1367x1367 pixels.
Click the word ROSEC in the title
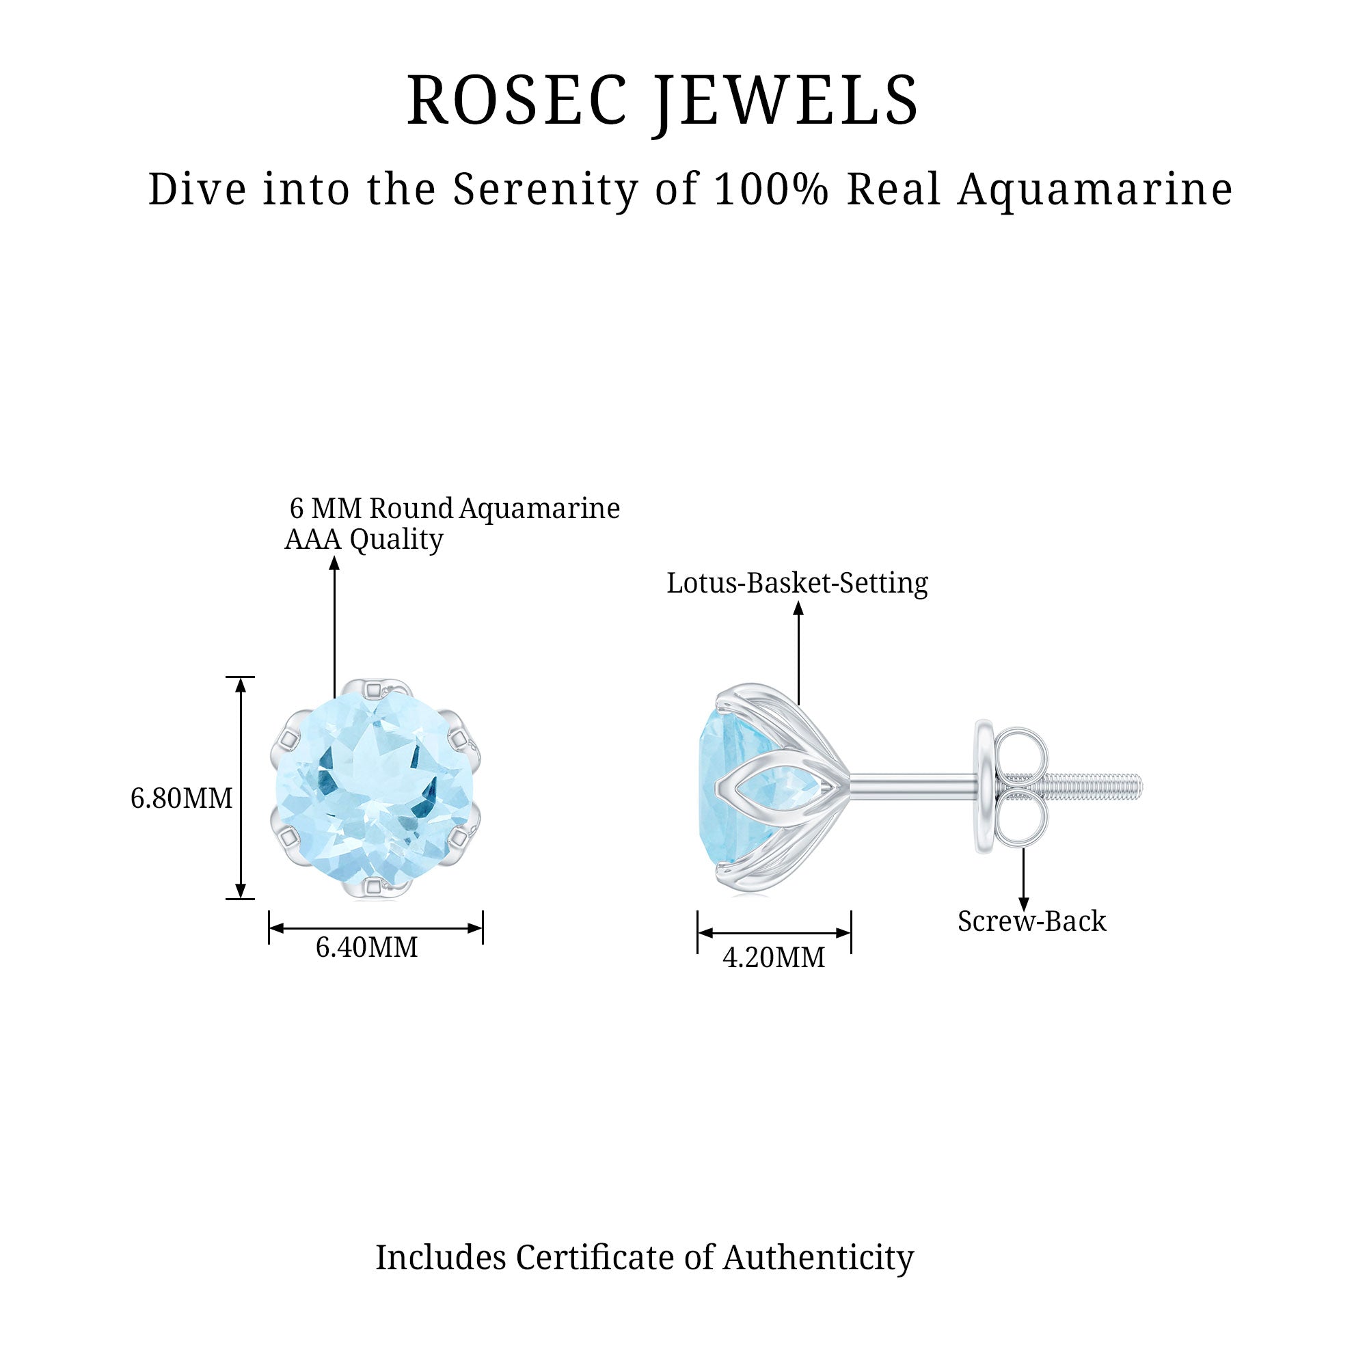tap(517, 100)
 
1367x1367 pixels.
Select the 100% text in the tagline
tap(770, 189)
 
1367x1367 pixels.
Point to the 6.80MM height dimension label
tap(181, 799)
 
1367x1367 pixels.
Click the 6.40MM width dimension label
tap(366, 947)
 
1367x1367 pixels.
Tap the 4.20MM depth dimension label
tap(773, 958)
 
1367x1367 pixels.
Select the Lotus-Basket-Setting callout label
tap(797, 583)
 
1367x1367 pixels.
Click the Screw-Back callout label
tap(1031, 921)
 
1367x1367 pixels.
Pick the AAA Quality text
tap(364, 539)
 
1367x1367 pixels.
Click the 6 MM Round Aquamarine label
tap(455, 508)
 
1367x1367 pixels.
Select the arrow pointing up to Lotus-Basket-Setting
tap(798, 651)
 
